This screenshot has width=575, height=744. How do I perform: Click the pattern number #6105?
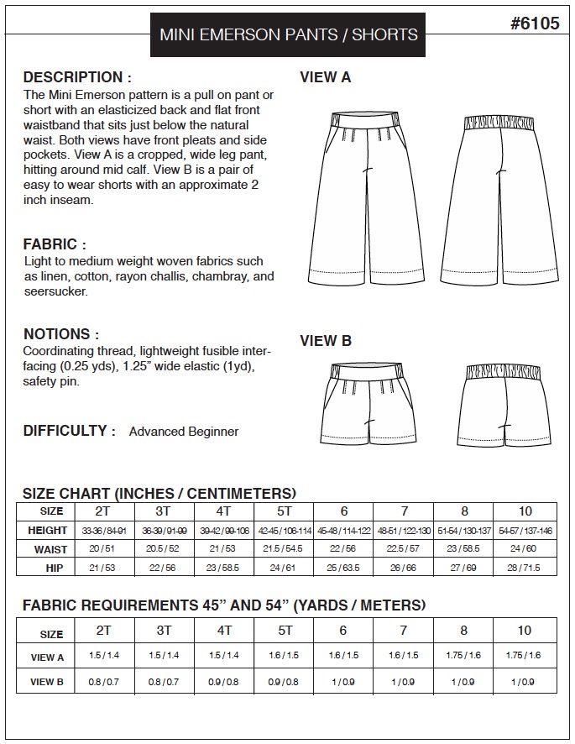click(534, 24)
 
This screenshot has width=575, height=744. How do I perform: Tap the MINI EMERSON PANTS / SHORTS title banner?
click(289, 35)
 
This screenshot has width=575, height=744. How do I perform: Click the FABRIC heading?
click(55, 244)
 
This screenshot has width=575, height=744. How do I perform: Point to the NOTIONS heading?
click(61, 333)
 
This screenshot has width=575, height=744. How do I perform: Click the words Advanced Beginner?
click(184, 432)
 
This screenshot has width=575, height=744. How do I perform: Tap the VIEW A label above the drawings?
click(326, 78)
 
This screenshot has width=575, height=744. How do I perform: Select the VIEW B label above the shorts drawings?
click(326, 341)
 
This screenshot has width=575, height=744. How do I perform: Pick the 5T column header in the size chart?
click(285, 511)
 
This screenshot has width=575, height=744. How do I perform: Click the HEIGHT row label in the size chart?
click(47, 531)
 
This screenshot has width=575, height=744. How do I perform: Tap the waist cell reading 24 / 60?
click(525, 549)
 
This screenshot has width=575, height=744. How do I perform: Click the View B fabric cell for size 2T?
click(105, 682)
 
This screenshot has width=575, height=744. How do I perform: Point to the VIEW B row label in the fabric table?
click(48, 682)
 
